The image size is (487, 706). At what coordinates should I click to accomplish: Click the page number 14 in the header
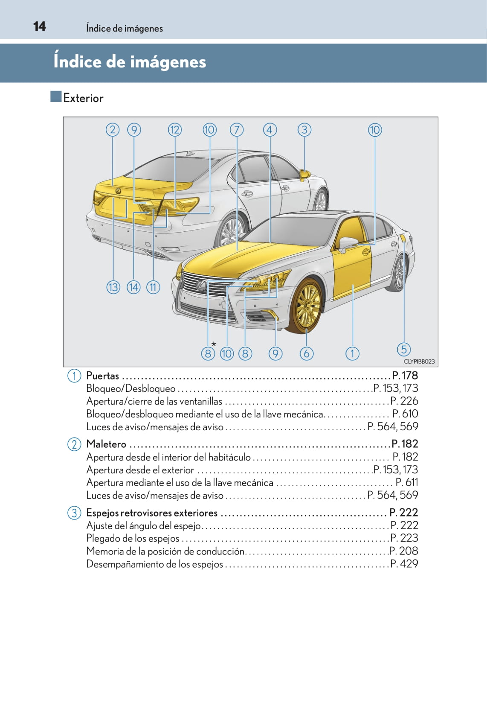(x=39, y=26)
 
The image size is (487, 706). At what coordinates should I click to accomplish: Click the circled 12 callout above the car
(x=175, y=130)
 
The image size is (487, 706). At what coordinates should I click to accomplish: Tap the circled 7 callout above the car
(x=237, y=130)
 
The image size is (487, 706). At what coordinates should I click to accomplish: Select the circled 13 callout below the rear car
(x=113, y=287)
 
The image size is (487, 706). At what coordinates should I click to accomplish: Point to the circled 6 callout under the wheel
(x=307, y=353)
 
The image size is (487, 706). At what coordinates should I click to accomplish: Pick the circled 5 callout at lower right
(x=403, y=349)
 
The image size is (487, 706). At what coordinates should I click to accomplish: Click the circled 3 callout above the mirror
(x=304, y=130)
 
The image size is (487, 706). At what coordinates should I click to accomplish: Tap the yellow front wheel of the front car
(x=307, y=305)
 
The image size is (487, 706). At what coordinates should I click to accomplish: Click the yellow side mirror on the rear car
(x=304, y=174)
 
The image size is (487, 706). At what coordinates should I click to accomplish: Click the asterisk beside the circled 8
(x=214, y=344)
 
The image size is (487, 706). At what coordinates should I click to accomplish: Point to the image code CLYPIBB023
(x=419, y=362)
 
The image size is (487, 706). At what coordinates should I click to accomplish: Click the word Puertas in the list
(x=102, y=376)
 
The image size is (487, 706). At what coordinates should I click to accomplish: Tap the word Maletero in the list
(x=106, y=444)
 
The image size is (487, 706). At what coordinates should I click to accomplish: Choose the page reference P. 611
(x=407, y=482)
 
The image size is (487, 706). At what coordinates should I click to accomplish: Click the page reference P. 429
(x=404, y=564)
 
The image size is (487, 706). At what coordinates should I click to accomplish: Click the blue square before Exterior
(x=56, y=96)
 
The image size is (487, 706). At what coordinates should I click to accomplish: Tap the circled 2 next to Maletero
(x=74, y=444)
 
